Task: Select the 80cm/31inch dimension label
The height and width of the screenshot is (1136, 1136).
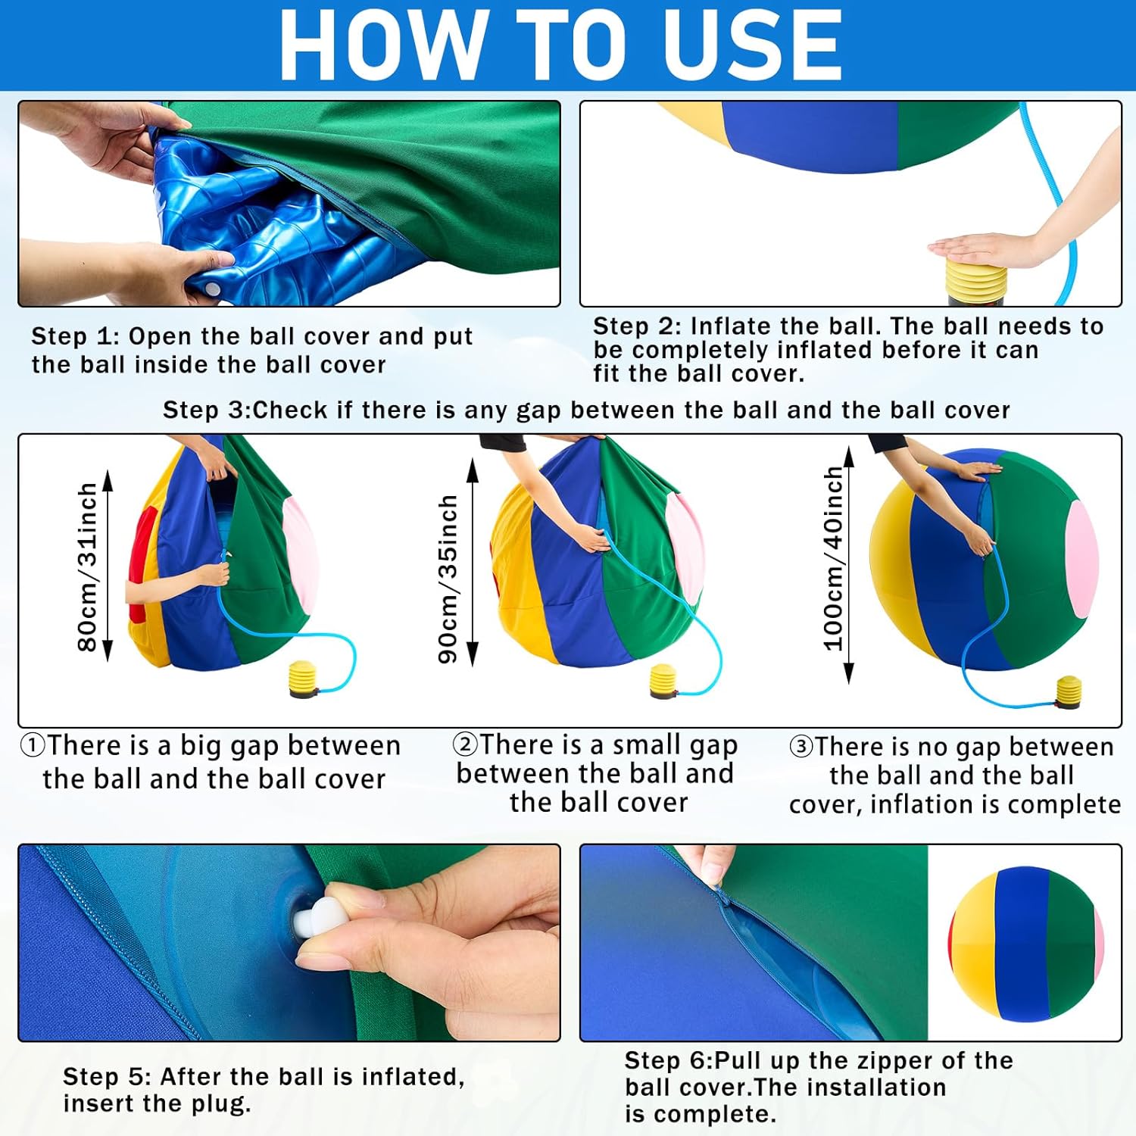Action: click(87, 566)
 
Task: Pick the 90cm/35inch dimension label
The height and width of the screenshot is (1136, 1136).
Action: click(448, 579)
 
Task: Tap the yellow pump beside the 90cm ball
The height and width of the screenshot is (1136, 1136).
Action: click(664, 681)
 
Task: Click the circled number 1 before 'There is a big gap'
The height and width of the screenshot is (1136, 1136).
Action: click(33, 745)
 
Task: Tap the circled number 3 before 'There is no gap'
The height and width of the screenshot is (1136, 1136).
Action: click(801, 747)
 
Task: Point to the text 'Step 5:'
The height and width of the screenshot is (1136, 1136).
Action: click(108, 1076)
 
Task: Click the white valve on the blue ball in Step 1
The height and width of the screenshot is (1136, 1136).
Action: click(214, 289)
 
